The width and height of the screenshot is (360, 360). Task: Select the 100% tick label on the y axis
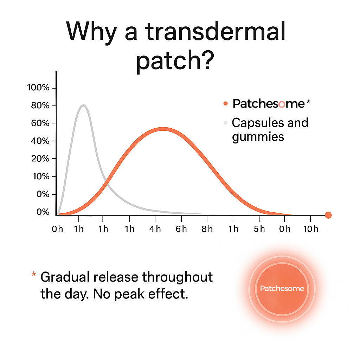coord(38,88)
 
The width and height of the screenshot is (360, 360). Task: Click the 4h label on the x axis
coord(155,229)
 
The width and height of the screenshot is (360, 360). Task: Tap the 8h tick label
coord(207,229)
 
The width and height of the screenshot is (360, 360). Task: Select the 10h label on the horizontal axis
coord(310,229)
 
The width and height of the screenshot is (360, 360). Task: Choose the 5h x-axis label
coord(259,229)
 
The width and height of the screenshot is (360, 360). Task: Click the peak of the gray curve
coord(84,105)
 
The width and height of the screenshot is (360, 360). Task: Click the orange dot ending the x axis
coord(328,215)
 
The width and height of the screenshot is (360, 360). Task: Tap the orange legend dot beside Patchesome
coord(226,104)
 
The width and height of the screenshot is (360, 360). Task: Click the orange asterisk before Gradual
coord(34,274)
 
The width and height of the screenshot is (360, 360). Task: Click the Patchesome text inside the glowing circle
coord(282,288)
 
